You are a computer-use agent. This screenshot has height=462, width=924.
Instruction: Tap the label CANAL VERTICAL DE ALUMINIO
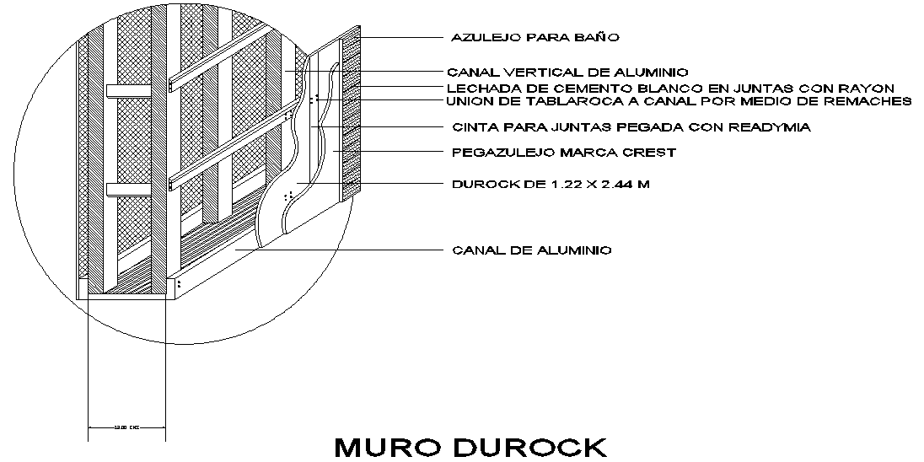click(x=567, y=73)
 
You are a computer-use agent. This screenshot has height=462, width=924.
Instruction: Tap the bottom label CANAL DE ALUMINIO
click(x=532, y=250)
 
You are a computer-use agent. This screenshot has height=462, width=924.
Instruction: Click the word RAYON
click(x=868, y=89)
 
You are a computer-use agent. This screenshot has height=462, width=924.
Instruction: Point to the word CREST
click(x=653, y=153)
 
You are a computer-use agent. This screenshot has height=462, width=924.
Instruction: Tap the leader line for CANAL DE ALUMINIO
click(x=337, y=250)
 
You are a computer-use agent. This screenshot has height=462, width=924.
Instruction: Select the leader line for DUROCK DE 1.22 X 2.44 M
click(x=371, y=183)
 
